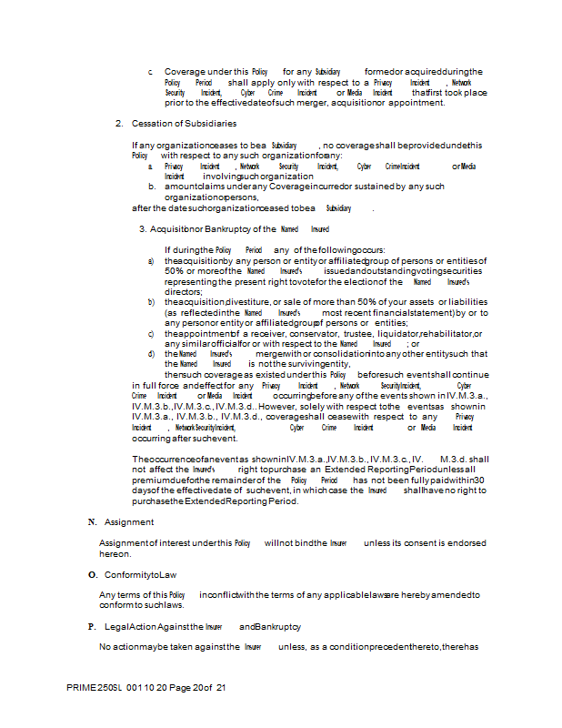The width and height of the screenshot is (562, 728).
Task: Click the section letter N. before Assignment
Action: [92, 521]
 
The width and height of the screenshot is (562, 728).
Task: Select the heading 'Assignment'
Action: [129, 521]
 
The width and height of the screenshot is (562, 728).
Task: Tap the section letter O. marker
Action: [92, 575]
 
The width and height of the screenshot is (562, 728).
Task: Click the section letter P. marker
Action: [92, 627]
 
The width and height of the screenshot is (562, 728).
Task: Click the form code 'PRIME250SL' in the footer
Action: [95, 688]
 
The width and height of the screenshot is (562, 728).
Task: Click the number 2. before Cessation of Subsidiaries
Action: [119, 123]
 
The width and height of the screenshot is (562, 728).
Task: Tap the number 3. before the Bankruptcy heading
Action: [143, 229]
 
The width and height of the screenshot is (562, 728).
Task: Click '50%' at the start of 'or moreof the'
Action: [175, 270]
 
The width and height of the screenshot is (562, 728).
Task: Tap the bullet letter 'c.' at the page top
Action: [151, 71]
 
